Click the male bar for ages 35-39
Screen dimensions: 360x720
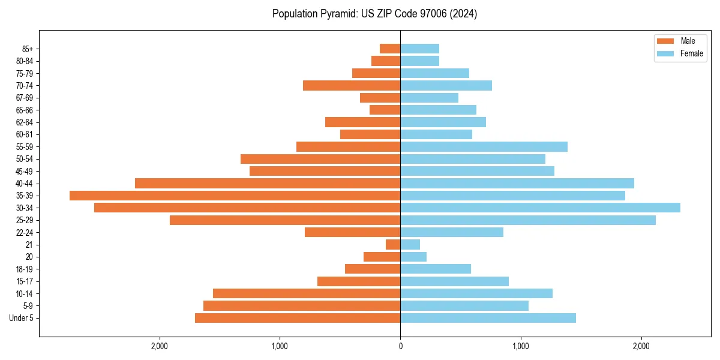(235, 196)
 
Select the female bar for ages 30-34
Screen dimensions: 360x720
(540, 208)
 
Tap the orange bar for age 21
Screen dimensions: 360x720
(393, 245)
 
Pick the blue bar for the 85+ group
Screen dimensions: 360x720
(419, 49)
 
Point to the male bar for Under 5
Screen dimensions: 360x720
(298, 318)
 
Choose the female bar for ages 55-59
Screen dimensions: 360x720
(484, 147)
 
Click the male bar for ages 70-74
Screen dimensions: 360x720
(352, 85)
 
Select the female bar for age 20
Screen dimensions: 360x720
(413, 257)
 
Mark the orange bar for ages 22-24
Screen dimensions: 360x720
(352, 232)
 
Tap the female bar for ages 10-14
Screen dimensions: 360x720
(476, 293)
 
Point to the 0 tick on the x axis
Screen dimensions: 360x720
(400, 346)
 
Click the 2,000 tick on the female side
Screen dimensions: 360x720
(641, 346)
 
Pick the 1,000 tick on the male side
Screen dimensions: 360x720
(280, 346)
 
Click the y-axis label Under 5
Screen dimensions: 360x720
(21, 318)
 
